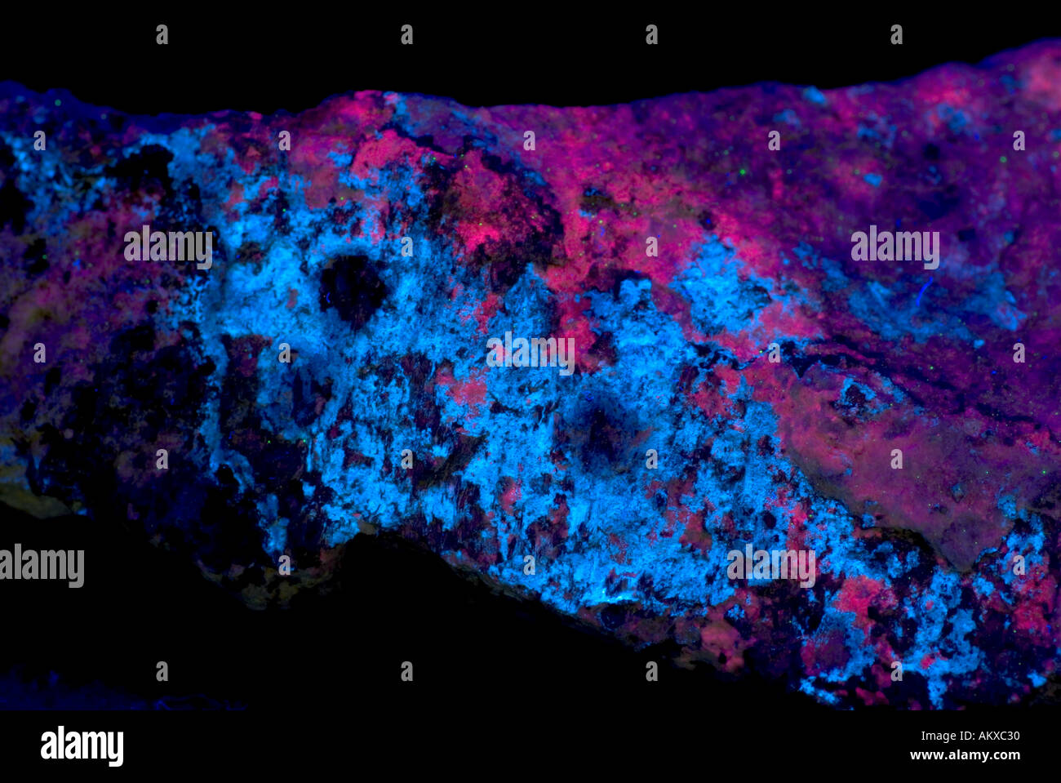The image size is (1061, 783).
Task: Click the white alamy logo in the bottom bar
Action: pyautogui.click(x=82, y=746)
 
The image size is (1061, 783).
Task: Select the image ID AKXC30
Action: pyautogui.click(x=988, y=736)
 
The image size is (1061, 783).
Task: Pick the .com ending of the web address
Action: pyautogui.click(x=1005, y=755)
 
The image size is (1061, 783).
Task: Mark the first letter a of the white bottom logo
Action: pyautogui.click(x=47, y=746)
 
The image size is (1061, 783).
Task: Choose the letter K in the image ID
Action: pyautogui.click(x=976, y=736)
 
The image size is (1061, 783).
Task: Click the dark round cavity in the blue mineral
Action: pyautogui.click(x=352, y=287)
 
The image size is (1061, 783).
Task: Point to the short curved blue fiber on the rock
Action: pyautogui.click(x=923, y=291)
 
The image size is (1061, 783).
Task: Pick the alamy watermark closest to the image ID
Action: pyautogui.click(x=770, y=565)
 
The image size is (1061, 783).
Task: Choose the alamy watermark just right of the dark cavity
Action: pyautogui.click(x=530, y=353)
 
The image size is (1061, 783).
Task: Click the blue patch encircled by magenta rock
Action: pyautogui.click(x=718, y=286)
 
